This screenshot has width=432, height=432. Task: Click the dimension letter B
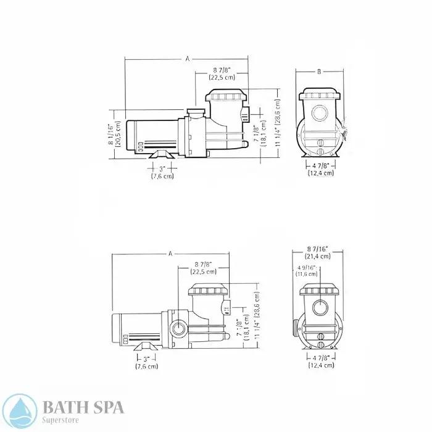tap(319, 72)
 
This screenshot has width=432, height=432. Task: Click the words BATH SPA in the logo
tap(84, 406)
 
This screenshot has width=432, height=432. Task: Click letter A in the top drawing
tap(187, 59)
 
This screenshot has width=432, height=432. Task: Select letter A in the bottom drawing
tap(170, 254)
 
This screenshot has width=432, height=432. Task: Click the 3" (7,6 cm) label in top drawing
tap(162, 172)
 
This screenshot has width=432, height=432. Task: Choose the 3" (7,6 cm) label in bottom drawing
tap(146, 362)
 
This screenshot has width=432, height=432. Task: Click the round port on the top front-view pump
tap(320, 114)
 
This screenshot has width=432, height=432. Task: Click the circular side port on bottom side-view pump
tap(180, 328)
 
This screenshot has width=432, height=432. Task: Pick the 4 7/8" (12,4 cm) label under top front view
tap(321, 170)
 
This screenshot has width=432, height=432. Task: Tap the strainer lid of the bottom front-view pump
tap(320, 291)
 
